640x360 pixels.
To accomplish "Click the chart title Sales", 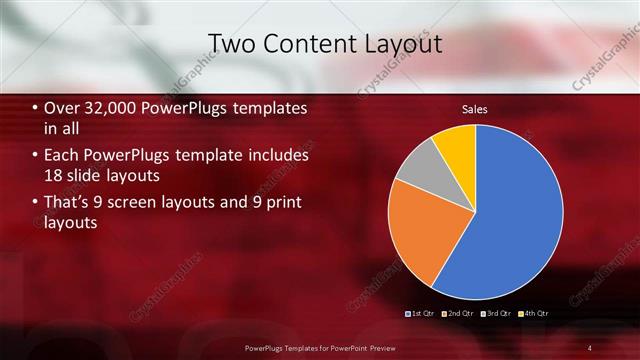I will (x=474, y=109).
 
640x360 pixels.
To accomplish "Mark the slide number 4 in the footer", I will (x=590, y=347).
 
